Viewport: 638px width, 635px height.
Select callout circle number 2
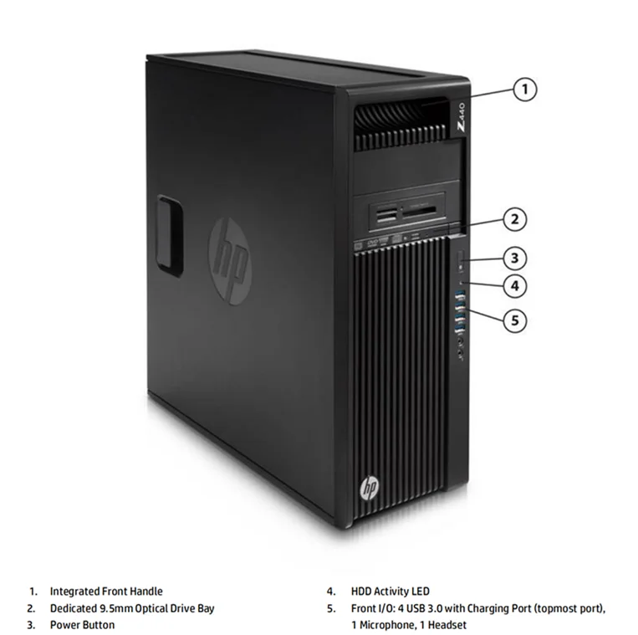click(x=515, y=219)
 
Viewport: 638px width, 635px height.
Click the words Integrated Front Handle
click(x=106, y=591)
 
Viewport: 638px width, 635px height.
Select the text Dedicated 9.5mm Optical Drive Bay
click(x=132, y=608)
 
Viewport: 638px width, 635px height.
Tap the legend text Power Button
click(x=82, y=625)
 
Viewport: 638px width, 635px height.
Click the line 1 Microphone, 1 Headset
click(x=409, y=625)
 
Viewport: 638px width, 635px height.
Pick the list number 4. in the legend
click(x=331, y=591)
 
